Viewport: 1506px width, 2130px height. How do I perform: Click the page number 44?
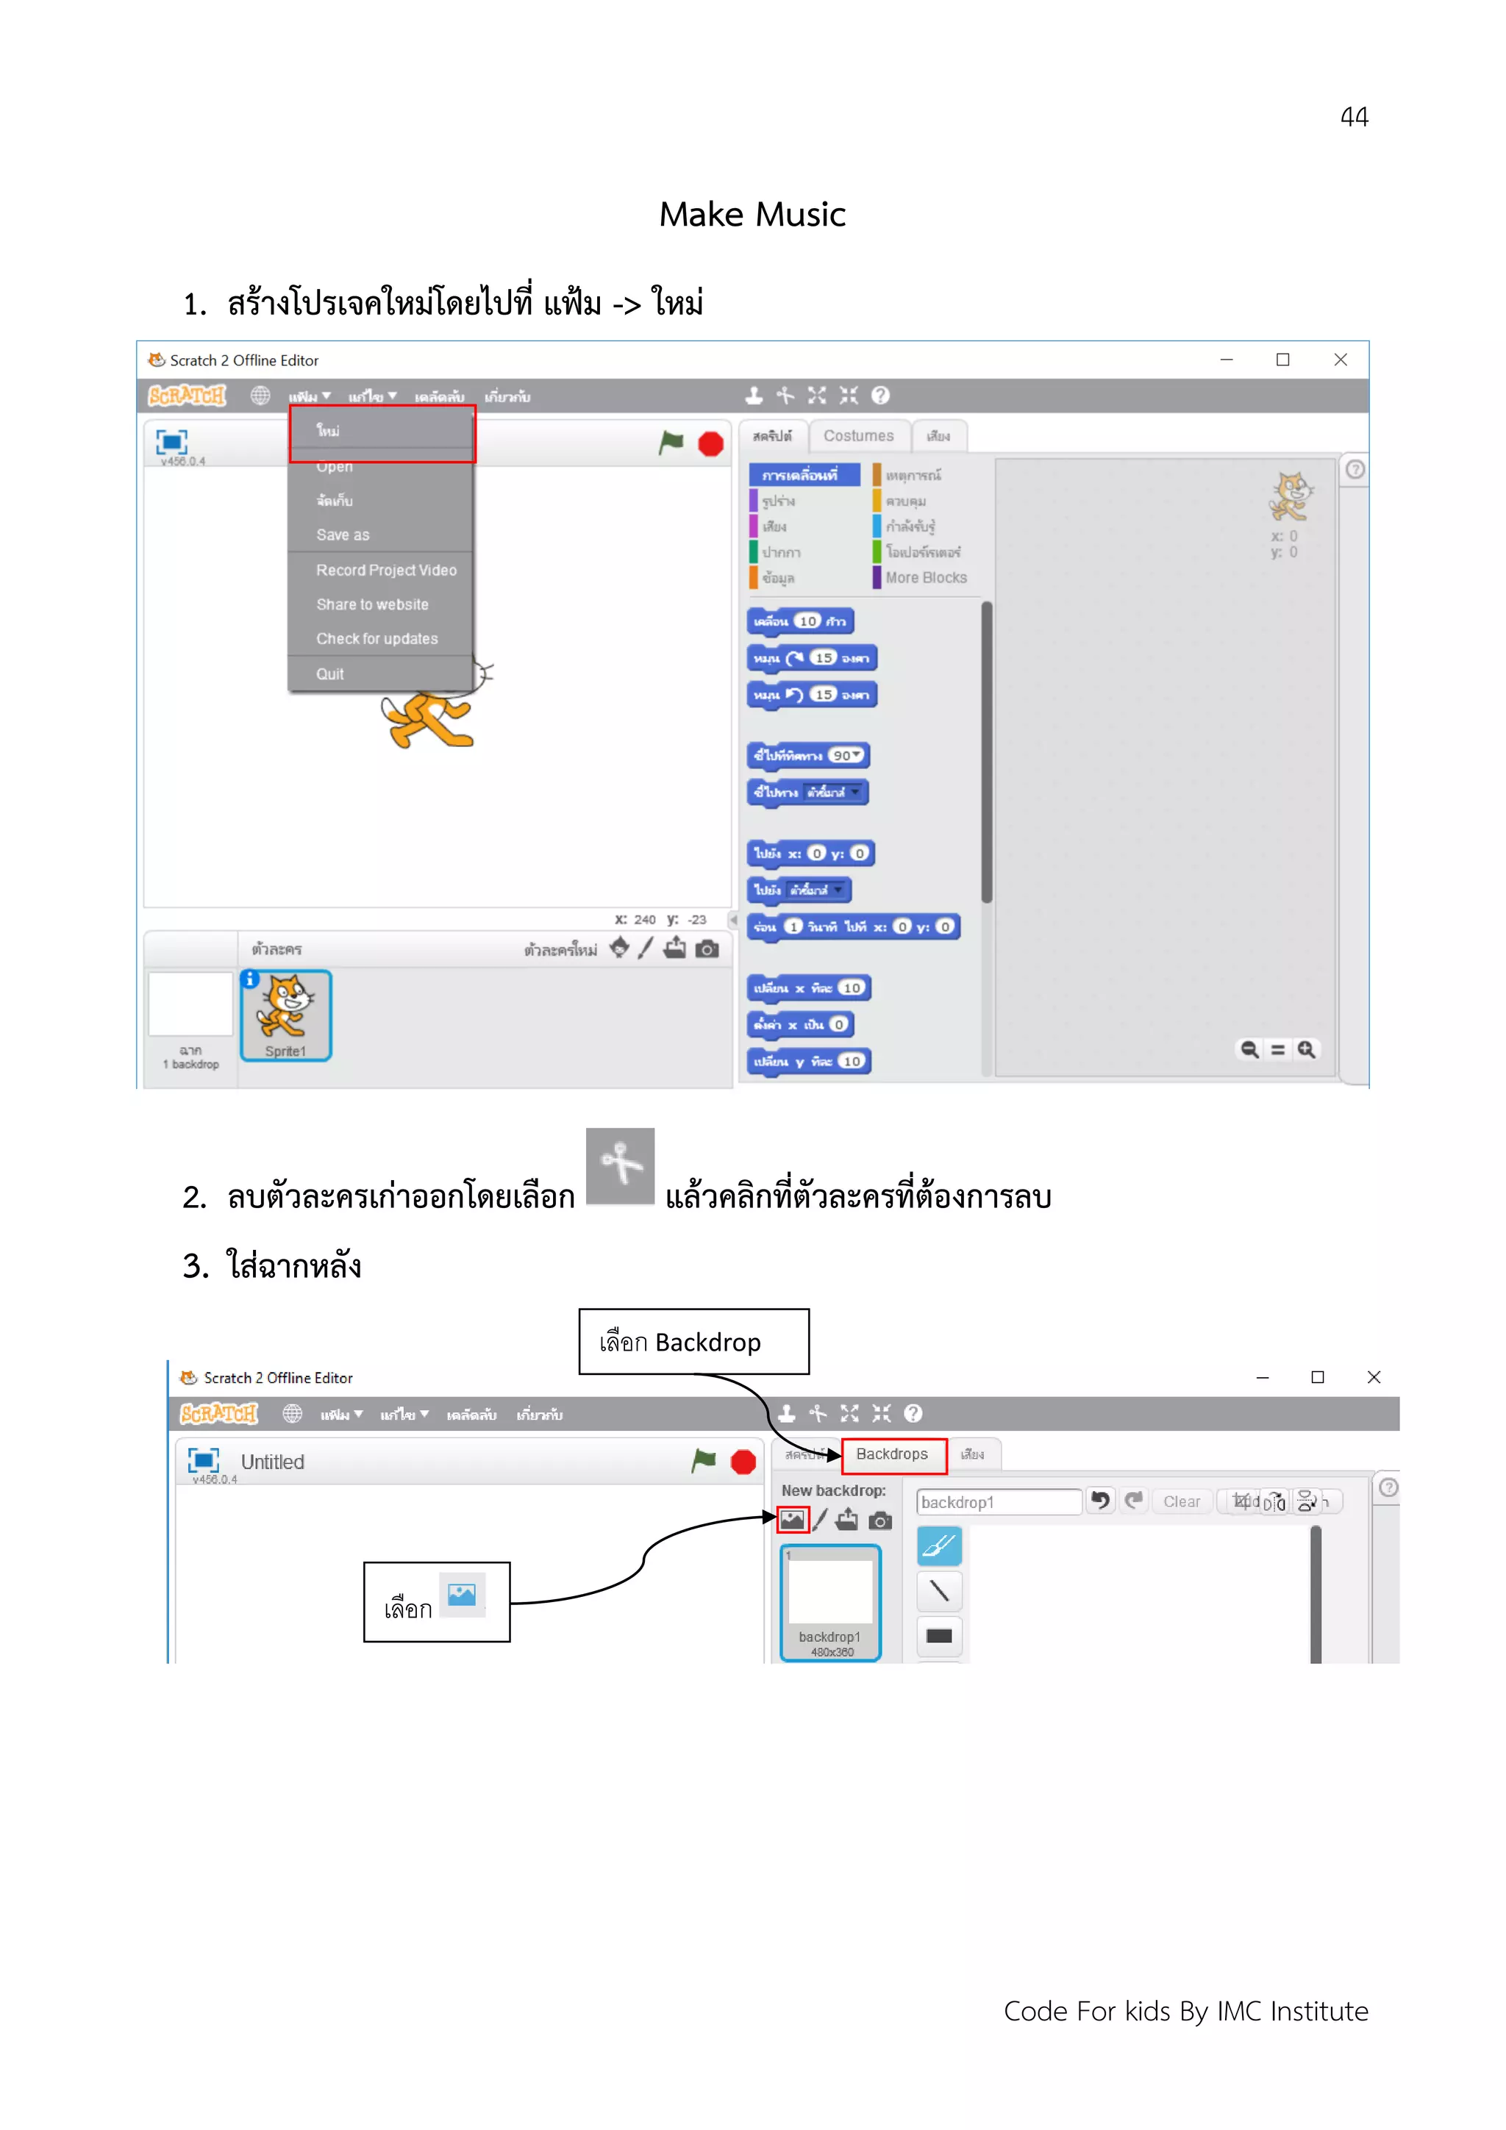click(x=1353, y=117)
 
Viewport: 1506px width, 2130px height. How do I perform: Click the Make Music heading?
click(x=752, y=214)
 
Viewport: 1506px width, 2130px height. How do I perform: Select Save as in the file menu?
click(x=343, y=535)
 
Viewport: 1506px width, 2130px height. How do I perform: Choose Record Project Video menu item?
click(x=386, y=570)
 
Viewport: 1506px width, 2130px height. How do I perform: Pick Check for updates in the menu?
click(x=376, y=638)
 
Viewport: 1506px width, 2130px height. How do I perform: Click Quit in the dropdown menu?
click(x=329, y=673)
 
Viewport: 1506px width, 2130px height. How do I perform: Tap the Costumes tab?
click(x=858, y=436)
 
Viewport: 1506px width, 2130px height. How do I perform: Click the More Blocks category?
click(x=925, y=577)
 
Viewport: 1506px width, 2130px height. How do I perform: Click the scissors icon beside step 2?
click(x=620, y=1165)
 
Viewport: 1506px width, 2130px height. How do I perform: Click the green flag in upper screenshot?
click(x=670, y=443)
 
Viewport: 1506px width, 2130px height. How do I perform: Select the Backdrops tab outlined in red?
click(x=893, y=1454)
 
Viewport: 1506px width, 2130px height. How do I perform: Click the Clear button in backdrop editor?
click(x=1181, y=1501)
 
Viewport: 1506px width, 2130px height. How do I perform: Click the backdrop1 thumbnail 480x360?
click(x=830, y=1602)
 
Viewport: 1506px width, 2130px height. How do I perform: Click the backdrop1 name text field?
click(x=998, y=1502)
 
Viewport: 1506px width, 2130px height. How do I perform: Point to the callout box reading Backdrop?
click(x=693, y=1342)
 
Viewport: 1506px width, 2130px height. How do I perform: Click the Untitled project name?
click(x=272, y=1462)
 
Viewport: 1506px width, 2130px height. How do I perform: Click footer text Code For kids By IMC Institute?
click(x=1185, y=2010)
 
